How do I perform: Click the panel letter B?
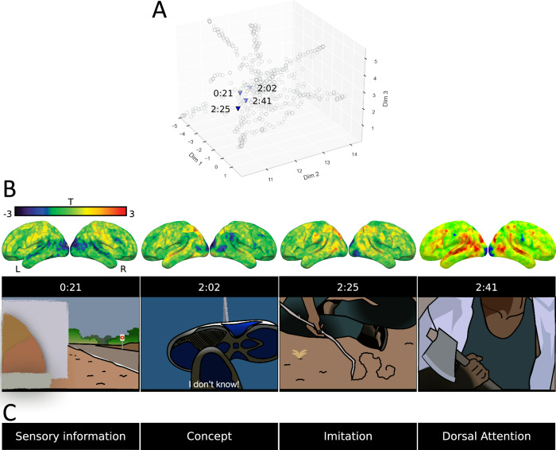click(x=10, y=188)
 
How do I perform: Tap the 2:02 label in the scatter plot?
click(x=266, y=87)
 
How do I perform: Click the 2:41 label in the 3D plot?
click(x=263, y=101)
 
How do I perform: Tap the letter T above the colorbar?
click(x=71, y=203)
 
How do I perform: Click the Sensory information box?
click(x=70, y=436)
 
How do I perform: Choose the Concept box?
click(x=208, y=436)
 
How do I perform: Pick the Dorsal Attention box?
click(x=485, y=436)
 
